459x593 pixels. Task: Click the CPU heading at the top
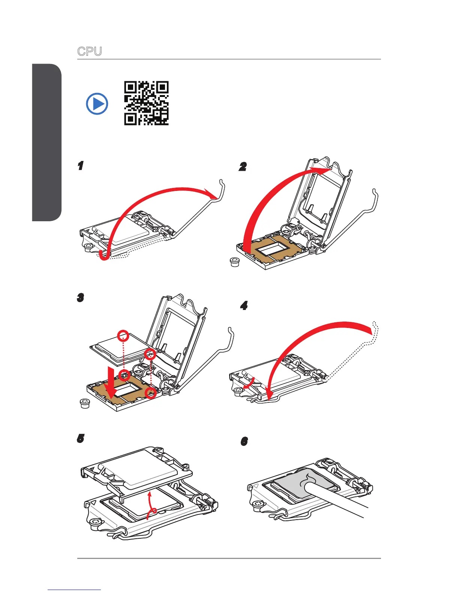point(89,51)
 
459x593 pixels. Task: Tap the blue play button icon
point(97,104)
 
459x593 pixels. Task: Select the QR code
point(146,103)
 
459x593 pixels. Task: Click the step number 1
point(80,166)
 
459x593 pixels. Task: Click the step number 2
point(243,167)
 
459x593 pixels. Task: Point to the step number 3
point(80,298)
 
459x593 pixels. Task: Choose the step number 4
point(244,306)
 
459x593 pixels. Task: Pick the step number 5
point(80,438)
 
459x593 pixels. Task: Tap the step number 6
point(244,442)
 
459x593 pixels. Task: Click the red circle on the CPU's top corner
point(123,335)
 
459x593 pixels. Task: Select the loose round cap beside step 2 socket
point(235,262)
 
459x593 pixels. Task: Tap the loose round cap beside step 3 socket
point(85,404)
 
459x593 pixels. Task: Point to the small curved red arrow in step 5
point(151,505)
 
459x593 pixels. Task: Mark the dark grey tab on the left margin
point(46,142)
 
